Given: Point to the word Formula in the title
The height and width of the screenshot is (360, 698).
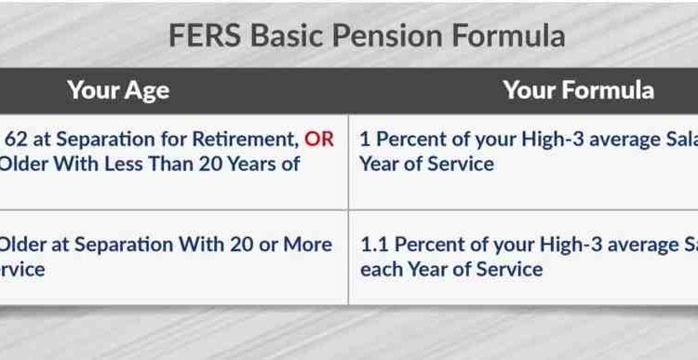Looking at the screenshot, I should click(506, 35).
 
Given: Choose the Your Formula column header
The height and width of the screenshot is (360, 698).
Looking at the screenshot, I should click(578, 90).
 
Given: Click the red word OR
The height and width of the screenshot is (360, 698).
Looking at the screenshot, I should click(318, 140).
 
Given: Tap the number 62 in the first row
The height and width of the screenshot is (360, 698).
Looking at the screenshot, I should click(17, 140).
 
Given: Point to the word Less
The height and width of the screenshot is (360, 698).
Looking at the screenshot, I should click(154, 165).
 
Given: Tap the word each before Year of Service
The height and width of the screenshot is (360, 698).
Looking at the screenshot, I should click(381, 269).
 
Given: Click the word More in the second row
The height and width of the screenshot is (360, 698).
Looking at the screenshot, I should click(307, 245).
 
